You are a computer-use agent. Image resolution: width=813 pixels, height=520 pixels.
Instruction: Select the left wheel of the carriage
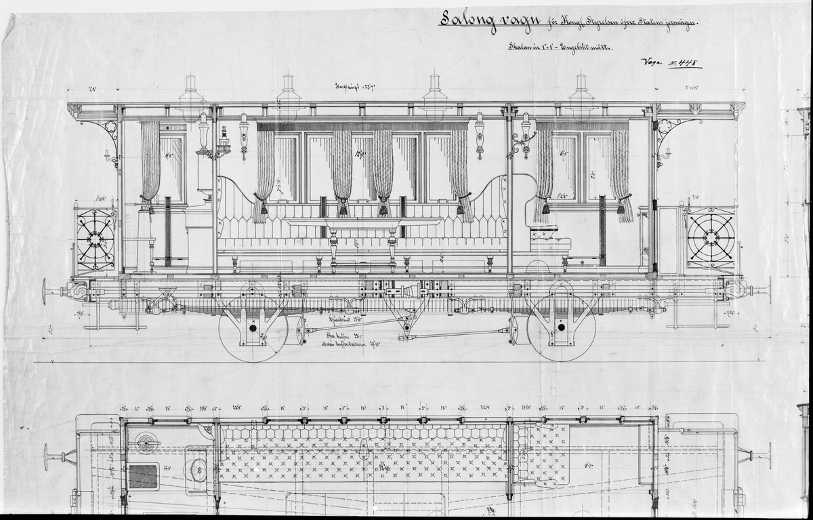tap(253, 328)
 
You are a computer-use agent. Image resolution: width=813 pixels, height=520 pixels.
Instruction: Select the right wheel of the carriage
tap(561, 328)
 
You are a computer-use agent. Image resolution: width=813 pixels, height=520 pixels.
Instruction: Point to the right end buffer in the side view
tap(764, 291)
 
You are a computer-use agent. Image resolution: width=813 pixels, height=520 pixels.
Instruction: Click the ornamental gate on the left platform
tap(95, 239)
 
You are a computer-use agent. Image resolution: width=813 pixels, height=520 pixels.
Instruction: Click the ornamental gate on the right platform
tap(711, 237)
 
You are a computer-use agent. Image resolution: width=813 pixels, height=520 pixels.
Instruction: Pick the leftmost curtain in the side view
tap(150, 163)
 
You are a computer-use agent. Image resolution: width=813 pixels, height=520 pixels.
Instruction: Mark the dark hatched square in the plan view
tap(143, 476)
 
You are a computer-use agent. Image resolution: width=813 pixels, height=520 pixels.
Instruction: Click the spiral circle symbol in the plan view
tap(146, 443)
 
